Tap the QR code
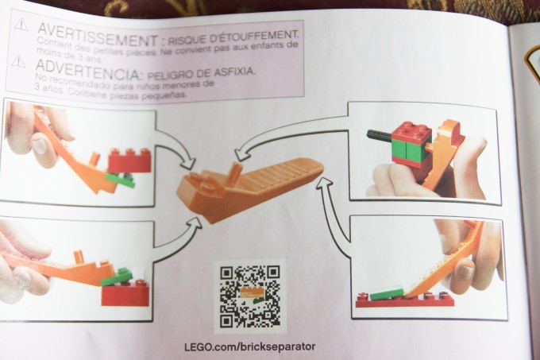[x=249, y=296]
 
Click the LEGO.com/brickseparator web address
[x=249, y=346]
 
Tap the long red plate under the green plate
[x=405, y=300]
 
